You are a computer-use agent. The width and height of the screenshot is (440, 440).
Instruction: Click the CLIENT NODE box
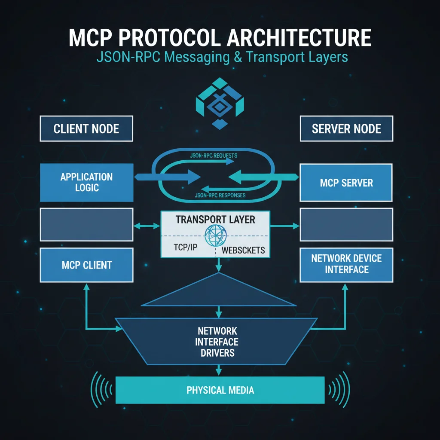pyautogui.click(x=86, y=128)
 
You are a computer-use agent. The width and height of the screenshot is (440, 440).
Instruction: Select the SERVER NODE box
pyautogui.click(x=346, y=128)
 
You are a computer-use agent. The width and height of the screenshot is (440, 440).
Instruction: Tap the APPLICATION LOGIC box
pyautogui.click(x=86, y=182)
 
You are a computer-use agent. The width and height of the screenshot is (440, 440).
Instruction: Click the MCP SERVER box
pyautogui.click(x=346, y=183)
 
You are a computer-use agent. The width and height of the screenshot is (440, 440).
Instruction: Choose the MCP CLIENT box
pyautogui.click(x=86, y=265)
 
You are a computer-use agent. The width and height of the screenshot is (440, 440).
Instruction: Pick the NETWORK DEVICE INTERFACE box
pyautogui.click(x=346, y=264)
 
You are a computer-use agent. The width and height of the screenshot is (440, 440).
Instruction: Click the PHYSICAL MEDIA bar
pyautogui.click(x=220, y=390)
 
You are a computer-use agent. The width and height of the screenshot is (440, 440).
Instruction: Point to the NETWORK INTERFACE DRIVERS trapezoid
pyautogui.click(x=217, y=342)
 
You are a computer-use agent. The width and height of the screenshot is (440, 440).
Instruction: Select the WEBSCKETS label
pyautogui.click(x=243, y=250)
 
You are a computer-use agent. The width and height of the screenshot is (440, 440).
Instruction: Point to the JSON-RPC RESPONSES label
pyautogui.click(x=220, y=196)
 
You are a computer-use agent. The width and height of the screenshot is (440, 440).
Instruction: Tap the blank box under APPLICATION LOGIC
pyautogui.click(x=86, y=224)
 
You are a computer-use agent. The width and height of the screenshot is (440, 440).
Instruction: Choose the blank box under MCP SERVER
pyautogui.click(x=346, y=224)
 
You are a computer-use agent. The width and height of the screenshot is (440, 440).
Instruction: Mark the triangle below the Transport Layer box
pyautogui.click(x=219, y=292)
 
